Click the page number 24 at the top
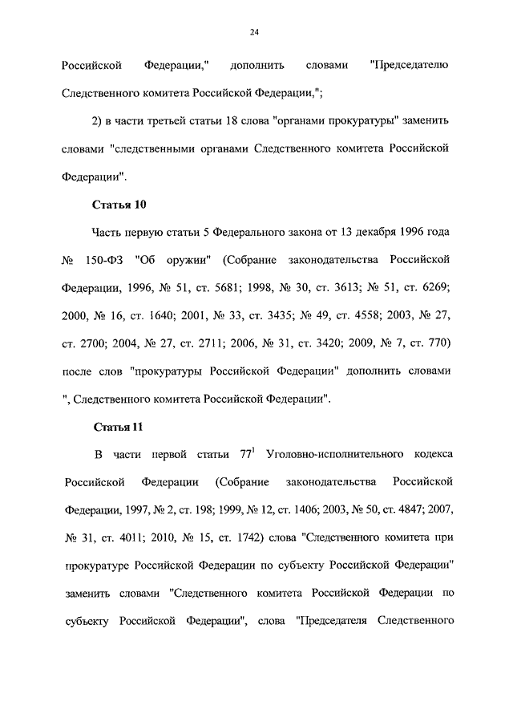pos(255,31)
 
